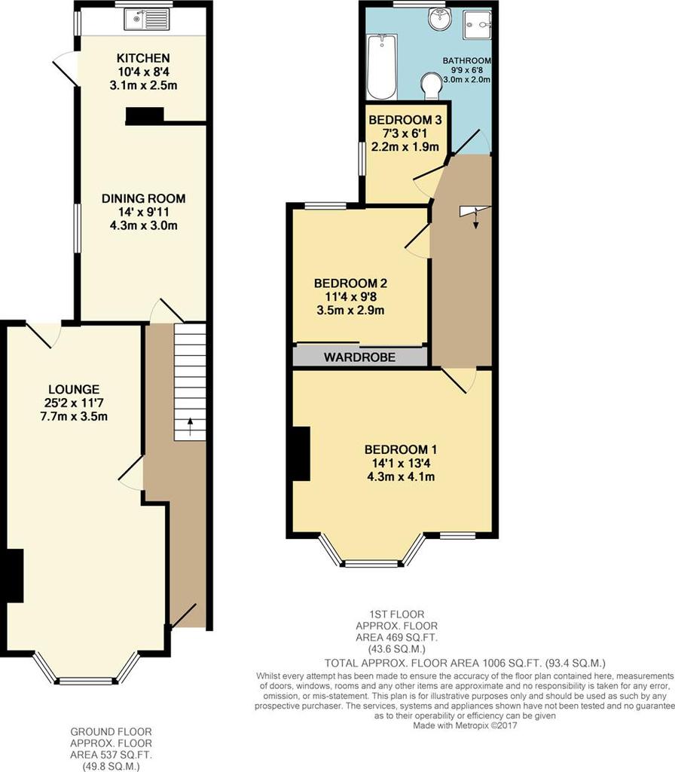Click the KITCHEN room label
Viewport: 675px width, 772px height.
pos(142,58)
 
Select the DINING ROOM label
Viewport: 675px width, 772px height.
pos(143,199)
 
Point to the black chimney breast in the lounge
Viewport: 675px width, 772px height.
pos(15,575)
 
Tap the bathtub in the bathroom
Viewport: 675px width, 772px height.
pos(380,67)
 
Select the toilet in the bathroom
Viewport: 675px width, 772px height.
pos(432,84)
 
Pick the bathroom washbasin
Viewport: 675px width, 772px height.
pos(438,18)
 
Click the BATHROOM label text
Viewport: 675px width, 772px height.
pos(467,60)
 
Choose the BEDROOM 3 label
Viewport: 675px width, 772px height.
pos(405,120)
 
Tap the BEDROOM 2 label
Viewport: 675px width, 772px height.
pos(350,283)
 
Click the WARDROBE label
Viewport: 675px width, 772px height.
pos(359,356)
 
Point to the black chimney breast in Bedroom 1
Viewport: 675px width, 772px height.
pos(301,453)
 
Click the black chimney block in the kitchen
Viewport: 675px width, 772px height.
pos(145,115)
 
